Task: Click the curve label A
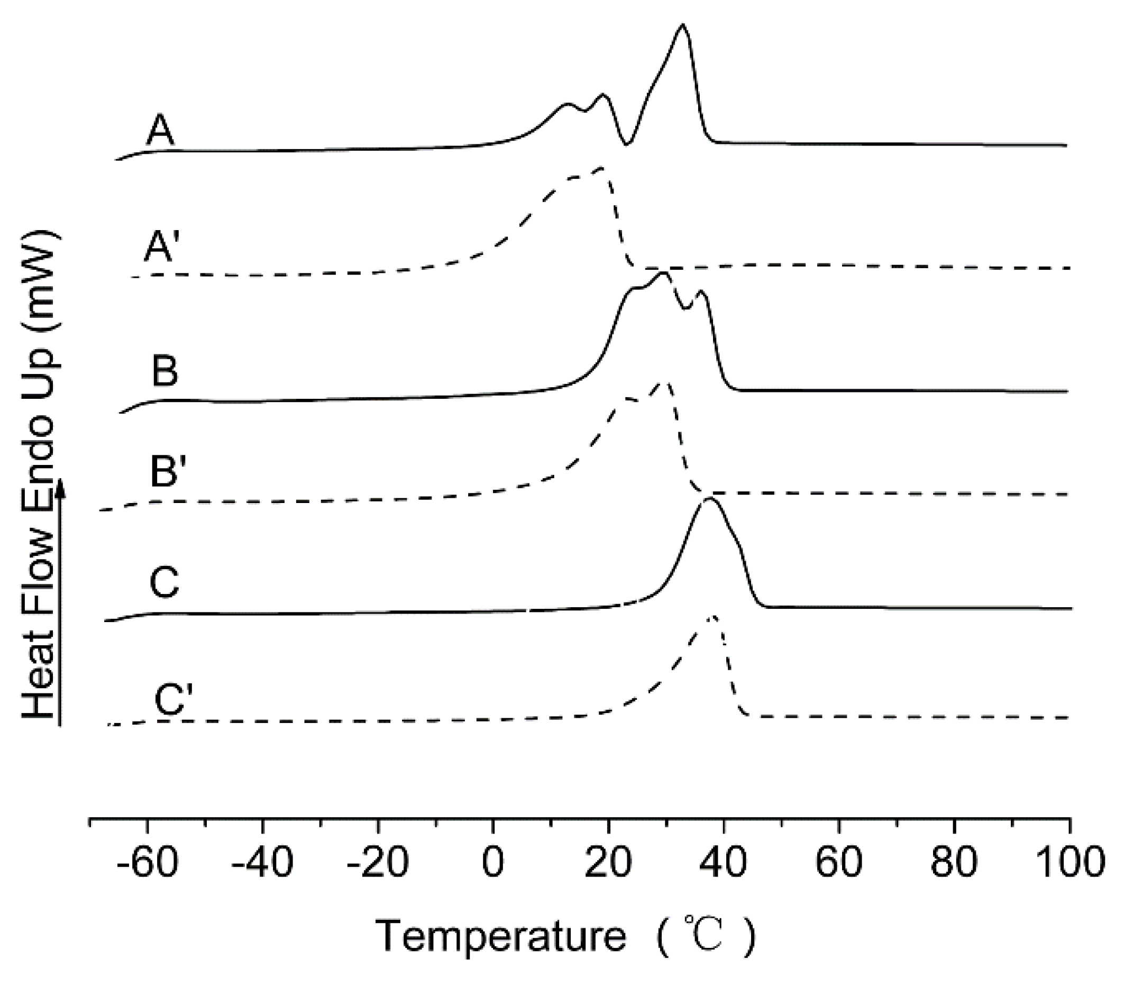160,132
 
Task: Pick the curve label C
164,582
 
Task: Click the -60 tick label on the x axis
148,862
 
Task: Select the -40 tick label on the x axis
262,862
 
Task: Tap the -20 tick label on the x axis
378,862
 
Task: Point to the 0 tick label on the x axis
494,862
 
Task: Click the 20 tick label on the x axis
608,862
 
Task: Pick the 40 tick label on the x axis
724,862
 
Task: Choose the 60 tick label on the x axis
838,862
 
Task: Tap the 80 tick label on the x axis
954,862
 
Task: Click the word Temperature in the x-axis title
501,935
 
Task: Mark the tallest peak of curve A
682,25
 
